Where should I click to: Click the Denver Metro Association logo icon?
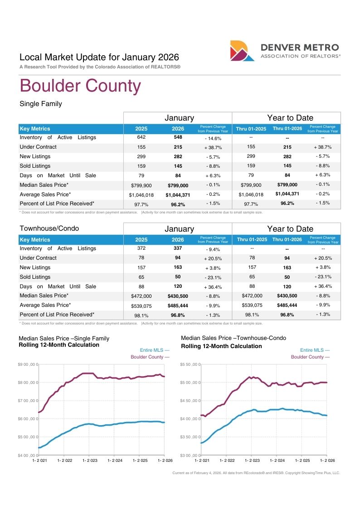[242, 51]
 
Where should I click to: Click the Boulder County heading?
[80, 86]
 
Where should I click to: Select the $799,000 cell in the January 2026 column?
[178, 185]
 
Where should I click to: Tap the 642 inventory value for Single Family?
[141, 137]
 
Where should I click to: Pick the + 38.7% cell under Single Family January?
[213, 147]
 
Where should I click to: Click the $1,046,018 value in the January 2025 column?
[141, 195]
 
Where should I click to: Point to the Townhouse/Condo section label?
[49, 228]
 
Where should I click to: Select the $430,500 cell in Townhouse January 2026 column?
[178, 296]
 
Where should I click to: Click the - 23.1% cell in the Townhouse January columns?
[213, 277]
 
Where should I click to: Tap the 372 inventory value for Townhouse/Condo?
[141, 248]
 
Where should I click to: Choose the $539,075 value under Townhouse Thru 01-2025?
[252, 305]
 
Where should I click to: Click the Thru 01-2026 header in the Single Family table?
[287, 129]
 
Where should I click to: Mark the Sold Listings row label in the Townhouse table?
[35, 277]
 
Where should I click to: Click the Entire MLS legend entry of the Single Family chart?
[155, 350]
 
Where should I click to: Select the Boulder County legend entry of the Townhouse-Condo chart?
[310, 357]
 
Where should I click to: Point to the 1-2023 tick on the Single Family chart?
[90, 461]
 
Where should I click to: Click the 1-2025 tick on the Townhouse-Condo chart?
[302, 461]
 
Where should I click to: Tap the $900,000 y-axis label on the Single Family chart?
[28, 364]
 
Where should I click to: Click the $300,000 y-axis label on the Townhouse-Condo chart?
[190, 455]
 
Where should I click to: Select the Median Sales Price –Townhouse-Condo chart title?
[234, 338]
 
